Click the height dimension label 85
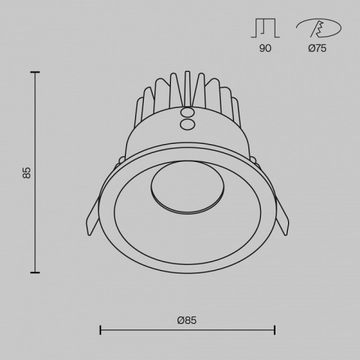(x=27, y=172)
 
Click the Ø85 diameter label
(x=187, y=321)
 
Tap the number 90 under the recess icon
(x=265, y=48)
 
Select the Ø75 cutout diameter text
(x=317, y=48)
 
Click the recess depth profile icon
(x=265, y=28)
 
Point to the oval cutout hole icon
(x=318, y=28)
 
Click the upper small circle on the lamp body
(x=187, y=113)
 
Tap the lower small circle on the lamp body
(x=187, y=125)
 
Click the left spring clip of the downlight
(x=93, y=216)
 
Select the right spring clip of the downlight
(x=282, y=216)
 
